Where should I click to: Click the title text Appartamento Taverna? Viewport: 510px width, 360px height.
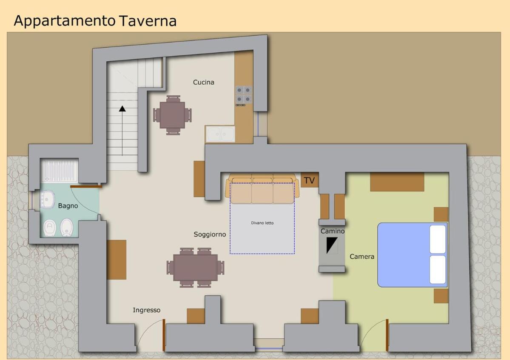pos(95,21)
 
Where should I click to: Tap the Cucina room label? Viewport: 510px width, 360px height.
pos(204,83)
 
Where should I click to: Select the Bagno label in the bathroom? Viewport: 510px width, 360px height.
pos(68,206)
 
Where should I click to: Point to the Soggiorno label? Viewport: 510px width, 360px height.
pos(210,234)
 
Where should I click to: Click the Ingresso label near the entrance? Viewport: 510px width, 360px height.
pos(146,310)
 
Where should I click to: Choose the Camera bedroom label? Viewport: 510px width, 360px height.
pos(362,257)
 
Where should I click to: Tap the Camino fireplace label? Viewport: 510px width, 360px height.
pos(332,231)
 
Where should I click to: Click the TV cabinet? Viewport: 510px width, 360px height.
pos(309,180)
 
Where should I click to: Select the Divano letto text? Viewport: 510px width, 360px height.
pos(262,223)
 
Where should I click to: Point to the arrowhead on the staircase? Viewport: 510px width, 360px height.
pos(123,109)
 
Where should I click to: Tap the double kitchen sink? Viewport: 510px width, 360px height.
pos(220,134)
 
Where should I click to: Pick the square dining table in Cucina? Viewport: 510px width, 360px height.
pos(172,115)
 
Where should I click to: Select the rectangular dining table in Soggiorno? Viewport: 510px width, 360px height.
pos(196,268)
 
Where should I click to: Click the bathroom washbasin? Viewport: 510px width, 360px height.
pos(48,199)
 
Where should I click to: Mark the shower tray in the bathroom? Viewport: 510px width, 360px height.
pos(60,170)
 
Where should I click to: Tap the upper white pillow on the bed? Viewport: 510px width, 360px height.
pos(437,239)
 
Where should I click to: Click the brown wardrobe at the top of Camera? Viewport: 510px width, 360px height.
pos(397,182)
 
